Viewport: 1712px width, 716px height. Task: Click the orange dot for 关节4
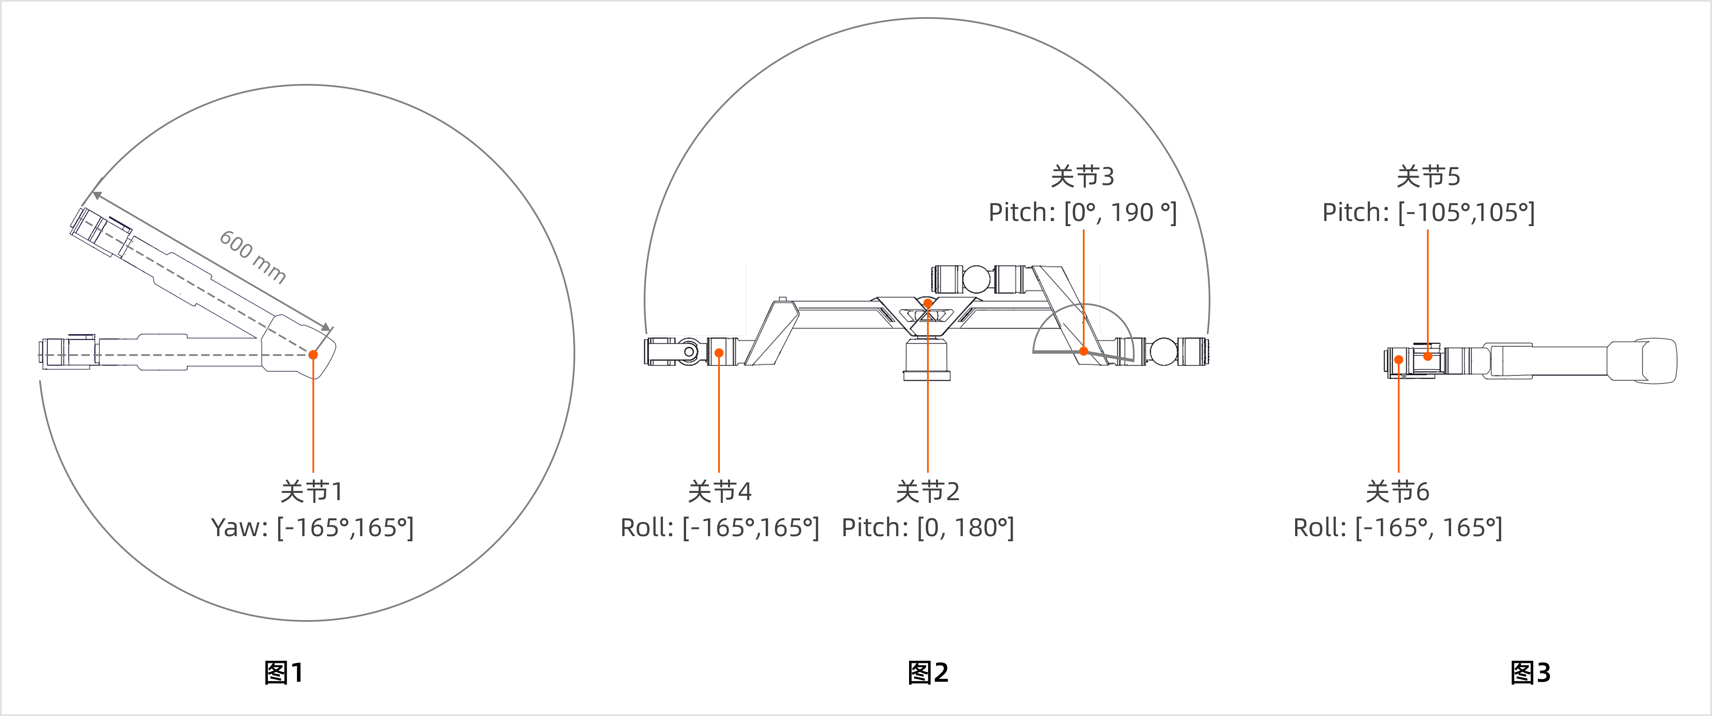(719, 353)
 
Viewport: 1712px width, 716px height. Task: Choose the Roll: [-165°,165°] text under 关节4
(720, 528)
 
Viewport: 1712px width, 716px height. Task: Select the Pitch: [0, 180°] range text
(928, 528)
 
